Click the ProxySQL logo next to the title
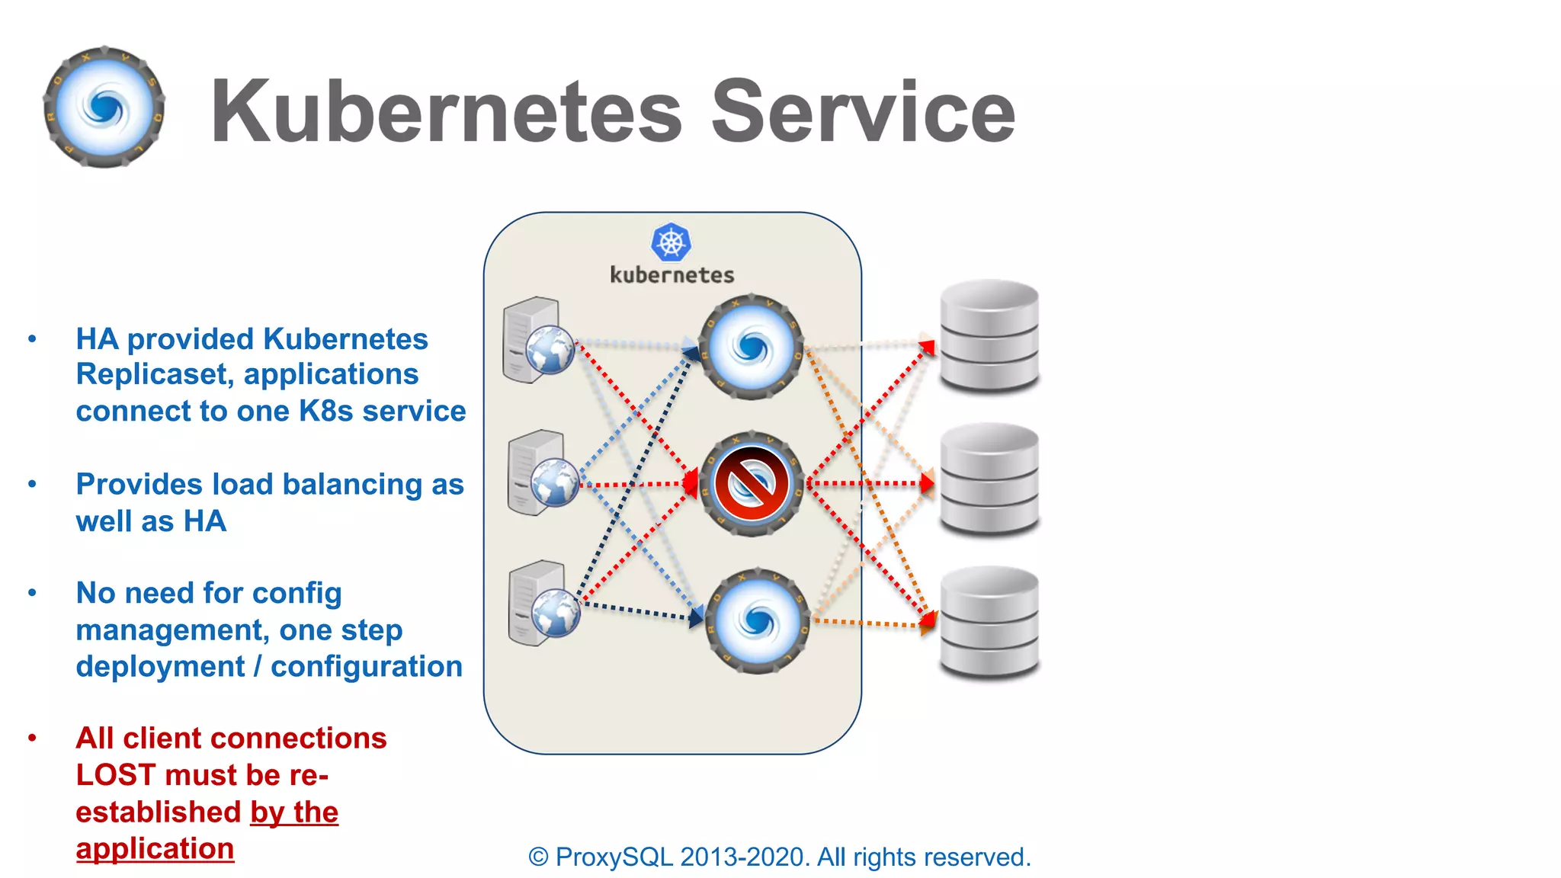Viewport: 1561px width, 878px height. pyautogui.click(x=104, y=107)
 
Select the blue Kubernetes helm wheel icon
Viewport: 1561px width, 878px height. pyautogui.click(x=671, y=243)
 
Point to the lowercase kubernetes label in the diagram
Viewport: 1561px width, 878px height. pyautogui.click(x=672, y=275)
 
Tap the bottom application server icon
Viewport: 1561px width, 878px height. pyautogui.click(x=543, y=603)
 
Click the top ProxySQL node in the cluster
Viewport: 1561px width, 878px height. pyautogui.click(x=751, y=348)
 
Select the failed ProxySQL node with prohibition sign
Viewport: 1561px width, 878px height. pyautogui.click(x=751, y=483)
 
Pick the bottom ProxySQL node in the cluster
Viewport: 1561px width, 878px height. pyautogui.click(x=756, y=620)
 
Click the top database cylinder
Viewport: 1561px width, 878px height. pyautogui.click(x=989, y=335)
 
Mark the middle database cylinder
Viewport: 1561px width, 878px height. pyautogui.click(x=989, y=479)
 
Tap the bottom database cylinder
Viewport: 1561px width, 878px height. pyautogui.click(x=989, y=622)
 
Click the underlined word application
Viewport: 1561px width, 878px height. pyautogui.click(x=155, y=849)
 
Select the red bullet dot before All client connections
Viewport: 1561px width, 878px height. pyautogui.click(x=32, y=738)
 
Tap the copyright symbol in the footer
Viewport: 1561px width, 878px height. pyautogui.click(x=538, y=857)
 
